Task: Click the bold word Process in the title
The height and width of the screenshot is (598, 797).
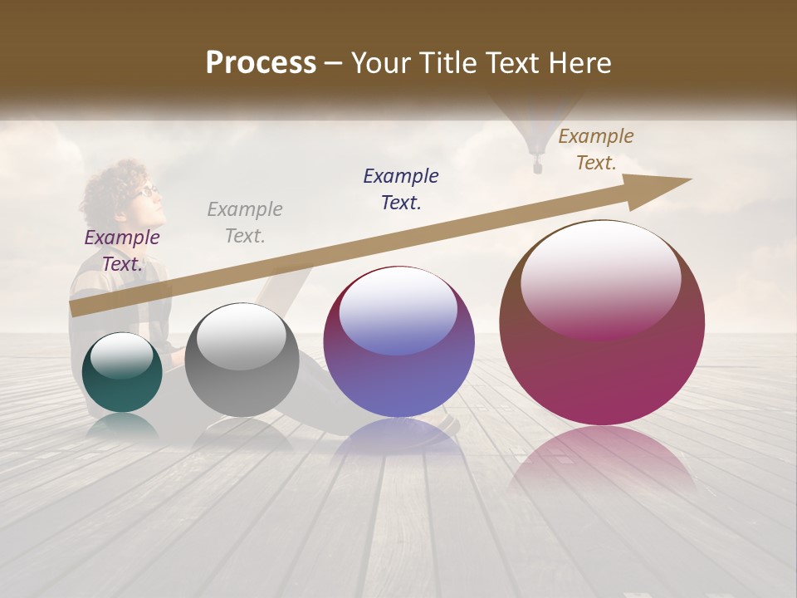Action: pyautogui.click(x=261, y=63)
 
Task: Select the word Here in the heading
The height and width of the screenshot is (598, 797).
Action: pyautogui.click(x=579, y=63)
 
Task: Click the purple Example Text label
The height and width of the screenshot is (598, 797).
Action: pyautogui.click(x=121, y=251)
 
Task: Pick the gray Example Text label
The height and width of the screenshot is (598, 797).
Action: pyautogui.click(x=244, y=223)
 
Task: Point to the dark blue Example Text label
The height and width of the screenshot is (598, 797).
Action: pyautogui.click(x=401, y=189)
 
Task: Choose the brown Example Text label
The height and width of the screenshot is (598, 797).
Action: pyautogui.click(x=595, y=149)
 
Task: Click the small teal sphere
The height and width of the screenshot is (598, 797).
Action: pyautogui.click(x=122, y=373)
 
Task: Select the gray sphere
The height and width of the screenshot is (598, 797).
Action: pyautogui.click(x=242, y=360)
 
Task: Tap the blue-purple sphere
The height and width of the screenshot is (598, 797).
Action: pyautogui.click(x=398, y=342)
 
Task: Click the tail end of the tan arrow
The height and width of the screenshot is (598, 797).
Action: pyautogui.click(x=73, y=310)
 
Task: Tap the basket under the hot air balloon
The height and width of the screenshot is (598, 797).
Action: pyautogui.click(x=537, y=168)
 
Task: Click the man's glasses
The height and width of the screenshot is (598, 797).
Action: pyautogui.click(x=147, y=191)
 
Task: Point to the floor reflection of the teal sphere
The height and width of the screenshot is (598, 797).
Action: pyautogui.click(x=122, y=425)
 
